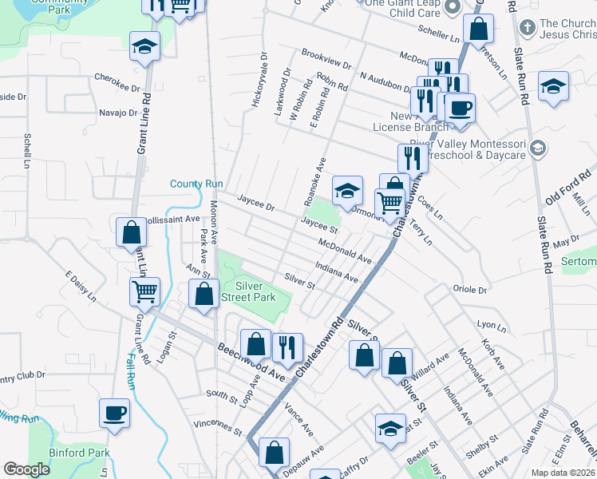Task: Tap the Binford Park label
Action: (83, 453)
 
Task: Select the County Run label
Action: (196, 184)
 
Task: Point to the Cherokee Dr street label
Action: (117, 78)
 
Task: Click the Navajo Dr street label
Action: (119, 113)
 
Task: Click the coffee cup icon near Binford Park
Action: (113, 414)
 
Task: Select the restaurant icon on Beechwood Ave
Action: (287, 346)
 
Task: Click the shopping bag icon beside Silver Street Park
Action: (204, 293)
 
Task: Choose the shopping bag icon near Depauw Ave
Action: (274, 452)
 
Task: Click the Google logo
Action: (27, 469)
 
